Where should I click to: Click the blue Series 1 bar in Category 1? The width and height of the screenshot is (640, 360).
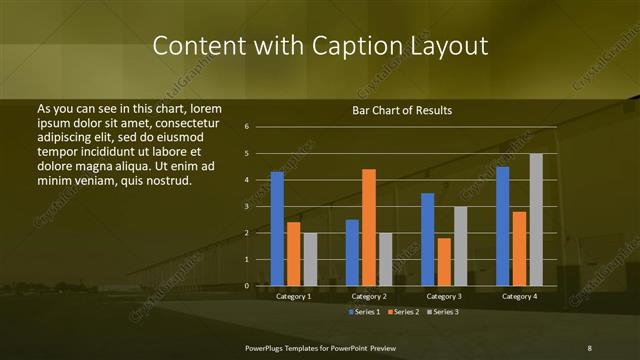277,229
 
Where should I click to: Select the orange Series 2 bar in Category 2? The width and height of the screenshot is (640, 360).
369,227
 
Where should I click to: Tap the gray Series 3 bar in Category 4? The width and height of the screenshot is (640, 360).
536,219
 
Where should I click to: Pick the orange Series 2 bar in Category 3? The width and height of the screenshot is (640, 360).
444,262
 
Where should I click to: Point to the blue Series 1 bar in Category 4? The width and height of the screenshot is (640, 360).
503,226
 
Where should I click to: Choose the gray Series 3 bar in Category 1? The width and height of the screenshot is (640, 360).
310,259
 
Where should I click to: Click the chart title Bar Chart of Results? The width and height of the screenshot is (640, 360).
403,110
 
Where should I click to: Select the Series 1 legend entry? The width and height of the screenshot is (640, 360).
365,311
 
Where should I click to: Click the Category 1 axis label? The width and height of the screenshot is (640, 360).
293,297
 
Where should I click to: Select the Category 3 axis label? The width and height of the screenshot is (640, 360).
444,297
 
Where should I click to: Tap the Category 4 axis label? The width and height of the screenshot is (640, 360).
519,297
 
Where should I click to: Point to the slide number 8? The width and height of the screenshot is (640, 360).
589,347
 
